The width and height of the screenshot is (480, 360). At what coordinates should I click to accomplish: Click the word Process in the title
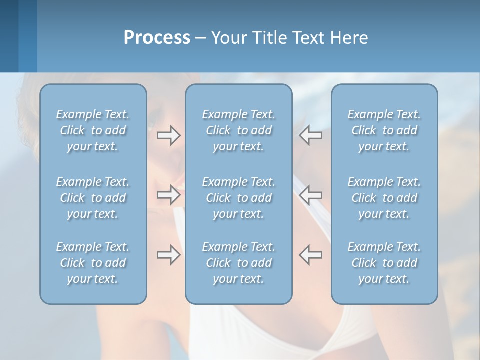tap(157, 38)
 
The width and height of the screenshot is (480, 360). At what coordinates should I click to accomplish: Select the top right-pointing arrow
tap(168, 135)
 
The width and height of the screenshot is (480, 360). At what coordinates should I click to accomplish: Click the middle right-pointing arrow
tap(168, 195)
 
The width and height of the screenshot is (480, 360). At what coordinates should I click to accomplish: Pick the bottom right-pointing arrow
tap(168, 254)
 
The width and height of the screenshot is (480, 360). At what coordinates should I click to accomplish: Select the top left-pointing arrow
tap(311, 135)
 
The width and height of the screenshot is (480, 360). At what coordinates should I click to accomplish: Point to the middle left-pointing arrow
tap(311, 195)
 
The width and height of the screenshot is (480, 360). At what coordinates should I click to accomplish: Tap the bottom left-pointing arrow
tap(311, 254)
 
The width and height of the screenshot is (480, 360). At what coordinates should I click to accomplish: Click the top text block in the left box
tap(93, 130)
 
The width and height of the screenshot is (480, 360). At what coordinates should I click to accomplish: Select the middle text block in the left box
tap(93, 198)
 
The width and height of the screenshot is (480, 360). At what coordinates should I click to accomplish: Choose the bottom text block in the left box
tap(93, 263)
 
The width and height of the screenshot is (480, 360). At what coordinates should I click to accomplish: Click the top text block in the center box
tap(238, 130)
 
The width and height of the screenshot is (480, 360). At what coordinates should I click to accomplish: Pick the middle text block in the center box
tap(238, 198)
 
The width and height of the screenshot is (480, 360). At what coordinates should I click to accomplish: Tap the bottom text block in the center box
tap(238, 263)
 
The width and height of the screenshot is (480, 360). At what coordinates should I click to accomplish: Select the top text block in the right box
tap(384, 130)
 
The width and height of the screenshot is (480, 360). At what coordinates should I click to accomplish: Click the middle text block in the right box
tap(384, 198)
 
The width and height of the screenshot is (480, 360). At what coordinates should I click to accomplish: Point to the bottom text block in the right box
tap(384, 263)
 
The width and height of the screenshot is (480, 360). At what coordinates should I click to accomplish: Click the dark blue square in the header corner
tap(9, 36)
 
